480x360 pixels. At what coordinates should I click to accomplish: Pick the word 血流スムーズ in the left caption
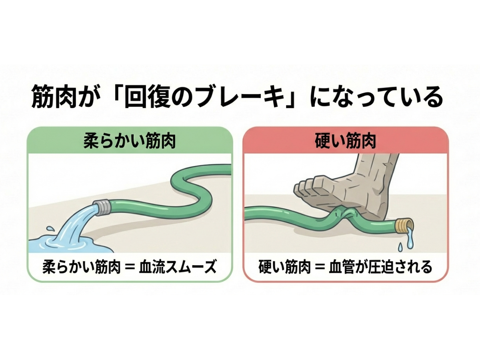coord(178,267)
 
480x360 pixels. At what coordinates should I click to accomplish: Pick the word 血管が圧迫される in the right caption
coord(381,267)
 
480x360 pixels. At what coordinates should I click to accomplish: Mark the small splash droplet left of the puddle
coord(50,229)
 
